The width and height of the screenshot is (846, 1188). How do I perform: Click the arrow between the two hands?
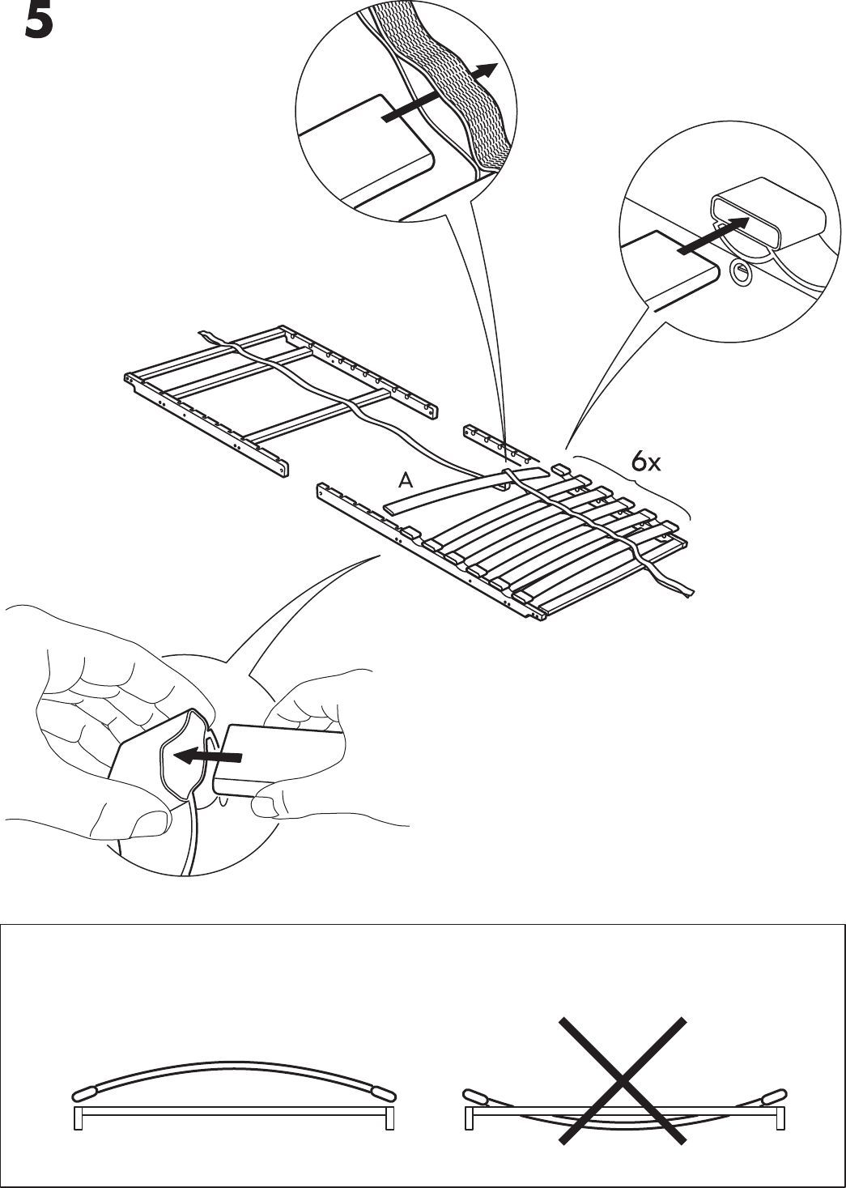[x=208, y=756]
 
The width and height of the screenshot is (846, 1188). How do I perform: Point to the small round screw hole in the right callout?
[x=738, y=273]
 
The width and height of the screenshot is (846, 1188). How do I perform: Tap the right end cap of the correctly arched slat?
[x=381, y=1091]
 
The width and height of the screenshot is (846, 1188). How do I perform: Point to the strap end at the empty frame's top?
[x=206, y=336]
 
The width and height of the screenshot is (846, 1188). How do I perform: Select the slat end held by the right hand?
[x=267, y=757]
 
